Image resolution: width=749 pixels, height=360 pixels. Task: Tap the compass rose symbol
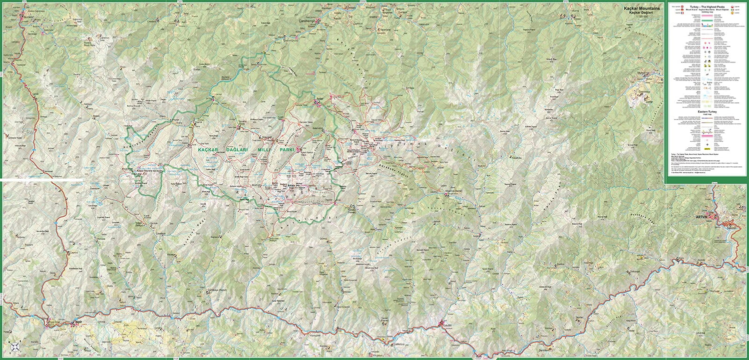[x=15, y=346]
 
